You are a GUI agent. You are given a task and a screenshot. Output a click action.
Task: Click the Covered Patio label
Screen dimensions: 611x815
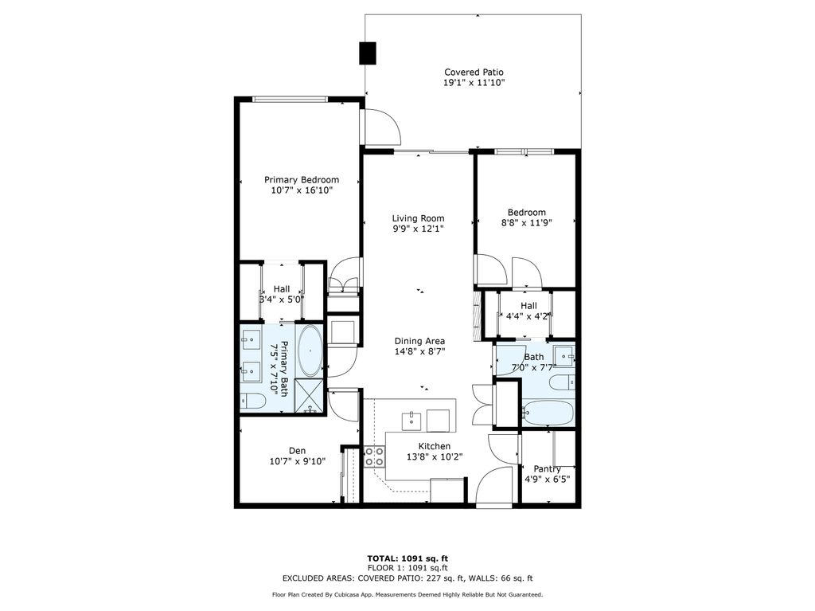[474, 72]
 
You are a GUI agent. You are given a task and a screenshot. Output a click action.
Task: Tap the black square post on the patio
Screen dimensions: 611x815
[369, 53]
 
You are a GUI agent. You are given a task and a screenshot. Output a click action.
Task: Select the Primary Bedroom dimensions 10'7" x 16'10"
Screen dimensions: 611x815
[302, 190]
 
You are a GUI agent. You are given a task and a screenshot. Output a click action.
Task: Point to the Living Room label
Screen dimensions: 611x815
[418, 218]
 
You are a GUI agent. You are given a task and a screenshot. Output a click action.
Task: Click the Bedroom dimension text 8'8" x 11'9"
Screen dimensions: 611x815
[527, 223]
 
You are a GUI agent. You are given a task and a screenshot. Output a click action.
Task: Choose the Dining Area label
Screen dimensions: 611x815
[419, 341]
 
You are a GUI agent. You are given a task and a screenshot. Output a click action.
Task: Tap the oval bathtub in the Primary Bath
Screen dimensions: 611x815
[310, 351]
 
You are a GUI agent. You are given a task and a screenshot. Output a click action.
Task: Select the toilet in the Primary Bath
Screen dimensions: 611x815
[253, 400]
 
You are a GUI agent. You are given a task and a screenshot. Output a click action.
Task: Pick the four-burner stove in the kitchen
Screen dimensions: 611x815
[374, 457]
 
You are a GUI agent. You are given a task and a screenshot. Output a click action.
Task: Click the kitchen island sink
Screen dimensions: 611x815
[413, 419]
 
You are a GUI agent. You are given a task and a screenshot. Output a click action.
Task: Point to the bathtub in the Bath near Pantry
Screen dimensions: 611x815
[548, 413]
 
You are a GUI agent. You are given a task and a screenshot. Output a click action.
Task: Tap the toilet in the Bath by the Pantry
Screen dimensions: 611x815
[562, 382]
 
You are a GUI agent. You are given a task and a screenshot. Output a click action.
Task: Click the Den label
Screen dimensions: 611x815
[297, 450]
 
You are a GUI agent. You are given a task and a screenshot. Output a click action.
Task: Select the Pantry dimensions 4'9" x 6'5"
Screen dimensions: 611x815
[547, 480]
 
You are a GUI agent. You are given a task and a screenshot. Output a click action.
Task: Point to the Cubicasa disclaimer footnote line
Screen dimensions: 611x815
[407, 594]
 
